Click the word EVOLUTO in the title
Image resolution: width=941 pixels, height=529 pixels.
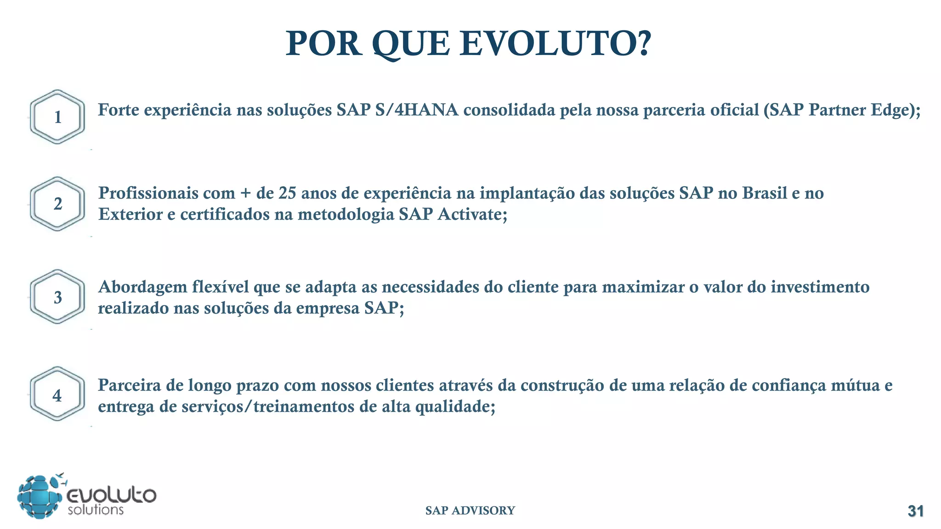coord(556,44)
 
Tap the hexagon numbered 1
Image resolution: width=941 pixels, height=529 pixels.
coord(57,117)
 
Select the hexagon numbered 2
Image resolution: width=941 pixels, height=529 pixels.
coord(57,204)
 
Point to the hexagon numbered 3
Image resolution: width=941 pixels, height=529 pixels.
coord(57,297)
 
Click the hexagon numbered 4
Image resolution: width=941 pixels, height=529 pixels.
coord(57,394)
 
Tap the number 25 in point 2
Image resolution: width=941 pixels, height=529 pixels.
coord(287,193)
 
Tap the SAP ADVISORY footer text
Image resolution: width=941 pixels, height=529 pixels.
coord(470,511)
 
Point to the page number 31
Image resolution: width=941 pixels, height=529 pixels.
coord(915,511)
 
